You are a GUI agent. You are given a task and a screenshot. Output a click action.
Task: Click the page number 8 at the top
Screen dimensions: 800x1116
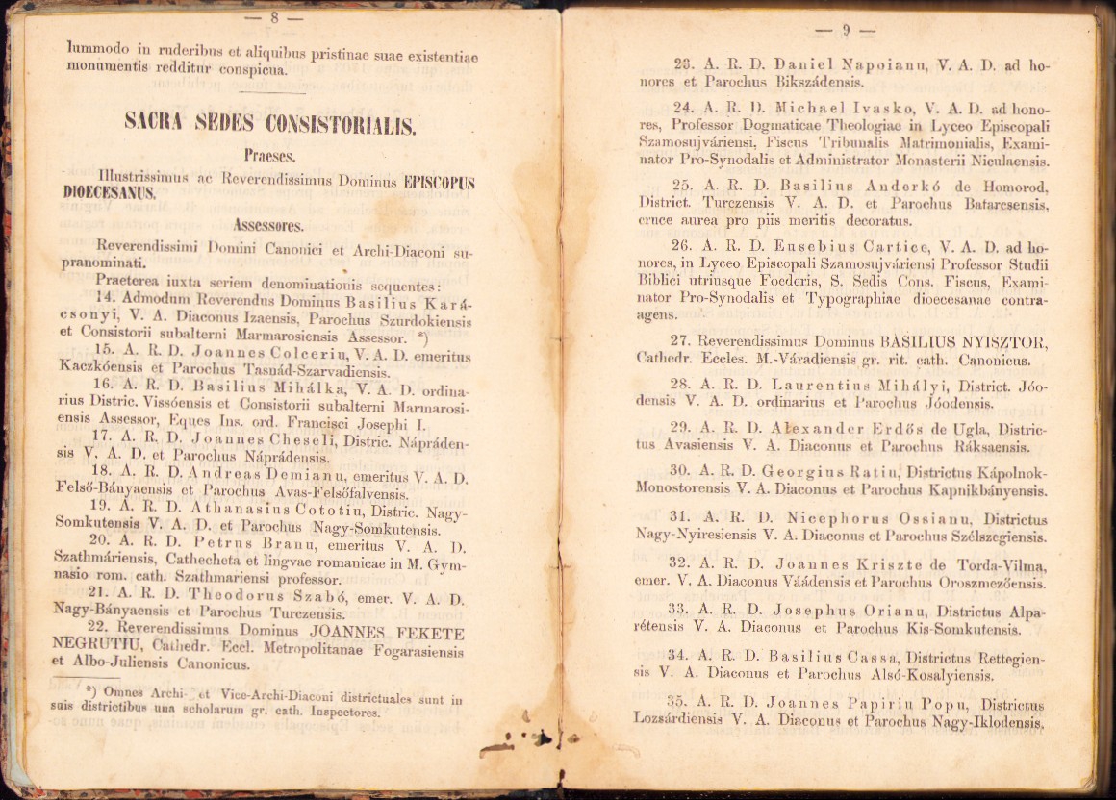click(274, 17)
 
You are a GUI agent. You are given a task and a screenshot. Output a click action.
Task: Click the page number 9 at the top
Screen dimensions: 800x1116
click(846, 30)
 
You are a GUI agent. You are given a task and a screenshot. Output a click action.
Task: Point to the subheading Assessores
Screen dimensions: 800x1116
click(267, 227)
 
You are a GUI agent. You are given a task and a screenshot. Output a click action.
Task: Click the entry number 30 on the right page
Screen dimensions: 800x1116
click(680, 471)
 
